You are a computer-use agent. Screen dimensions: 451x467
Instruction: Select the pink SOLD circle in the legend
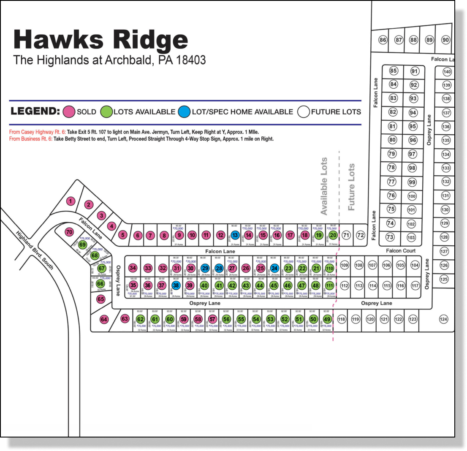[x=69, y=112]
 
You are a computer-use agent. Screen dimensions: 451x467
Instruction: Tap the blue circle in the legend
[x=184, y=112]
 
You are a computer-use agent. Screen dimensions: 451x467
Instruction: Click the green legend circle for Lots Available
[x=107, y=112]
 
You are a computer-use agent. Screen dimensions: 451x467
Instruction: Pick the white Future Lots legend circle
[x=304, y=112]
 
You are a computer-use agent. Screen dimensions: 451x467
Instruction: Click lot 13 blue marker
[x=235, y=235]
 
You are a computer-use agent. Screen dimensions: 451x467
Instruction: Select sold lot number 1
[x=71, y=201]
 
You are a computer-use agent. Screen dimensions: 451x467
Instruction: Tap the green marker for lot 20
[x=333, y=235]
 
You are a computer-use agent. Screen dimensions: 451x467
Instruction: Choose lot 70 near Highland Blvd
[x=69, y=232]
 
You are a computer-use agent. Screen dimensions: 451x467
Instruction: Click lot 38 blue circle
[x=176, y=285]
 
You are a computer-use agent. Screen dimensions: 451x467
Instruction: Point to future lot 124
[x=443, y=319]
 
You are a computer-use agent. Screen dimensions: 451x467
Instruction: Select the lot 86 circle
[x=383, y=40]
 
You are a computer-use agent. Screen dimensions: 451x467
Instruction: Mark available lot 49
[x=327, y=319]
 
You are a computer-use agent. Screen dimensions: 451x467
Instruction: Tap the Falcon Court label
[x=401, y=251]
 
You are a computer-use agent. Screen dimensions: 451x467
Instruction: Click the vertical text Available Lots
[x=324, y=186]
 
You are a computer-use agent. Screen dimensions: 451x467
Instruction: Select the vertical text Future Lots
[x=351, y=187]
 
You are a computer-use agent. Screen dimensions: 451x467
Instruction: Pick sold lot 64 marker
[x=104, y=320]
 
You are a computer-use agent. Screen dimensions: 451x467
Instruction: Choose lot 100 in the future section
[x=412, y=196]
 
